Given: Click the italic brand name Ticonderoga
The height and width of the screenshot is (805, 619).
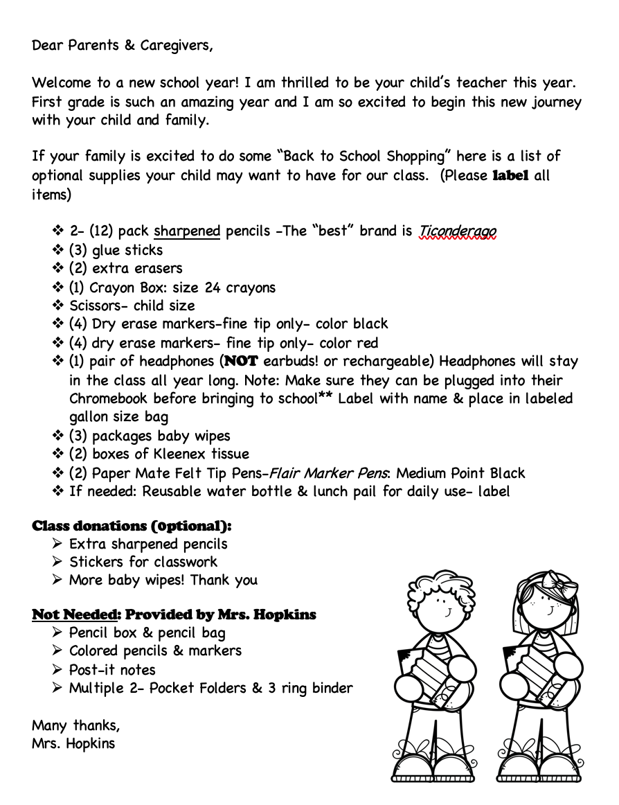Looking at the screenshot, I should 458,231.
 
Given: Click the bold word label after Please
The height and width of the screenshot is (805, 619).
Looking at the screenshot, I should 510,176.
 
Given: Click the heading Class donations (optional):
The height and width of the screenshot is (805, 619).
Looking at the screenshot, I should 132,526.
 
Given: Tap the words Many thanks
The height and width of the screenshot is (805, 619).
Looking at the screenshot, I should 75,726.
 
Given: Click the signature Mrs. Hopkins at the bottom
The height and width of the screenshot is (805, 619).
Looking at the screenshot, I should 73,745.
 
